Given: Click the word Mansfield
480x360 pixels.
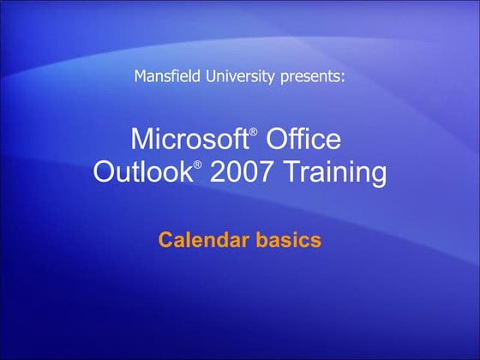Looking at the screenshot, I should (x=166, y=76).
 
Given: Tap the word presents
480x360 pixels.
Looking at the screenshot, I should (x=310, y=77).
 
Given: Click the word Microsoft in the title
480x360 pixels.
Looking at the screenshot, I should (x=188, y=139).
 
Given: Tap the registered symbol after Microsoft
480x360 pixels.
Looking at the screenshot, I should (x=253, y=132).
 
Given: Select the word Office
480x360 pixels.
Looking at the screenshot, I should (x=304, y=139).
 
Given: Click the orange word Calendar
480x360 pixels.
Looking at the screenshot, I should (x=205, y=239).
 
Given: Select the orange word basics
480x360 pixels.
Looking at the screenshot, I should (x=289, y=239).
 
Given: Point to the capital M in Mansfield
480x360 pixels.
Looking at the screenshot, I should (x=141, y=76).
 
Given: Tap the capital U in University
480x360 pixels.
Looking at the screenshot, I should (x=207, y=76).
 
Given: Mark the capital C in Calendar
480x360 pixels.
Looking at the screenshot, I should (x=165, y=239).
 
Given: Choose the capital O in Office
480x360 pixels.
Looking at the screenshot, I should (x=277, y=139).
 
